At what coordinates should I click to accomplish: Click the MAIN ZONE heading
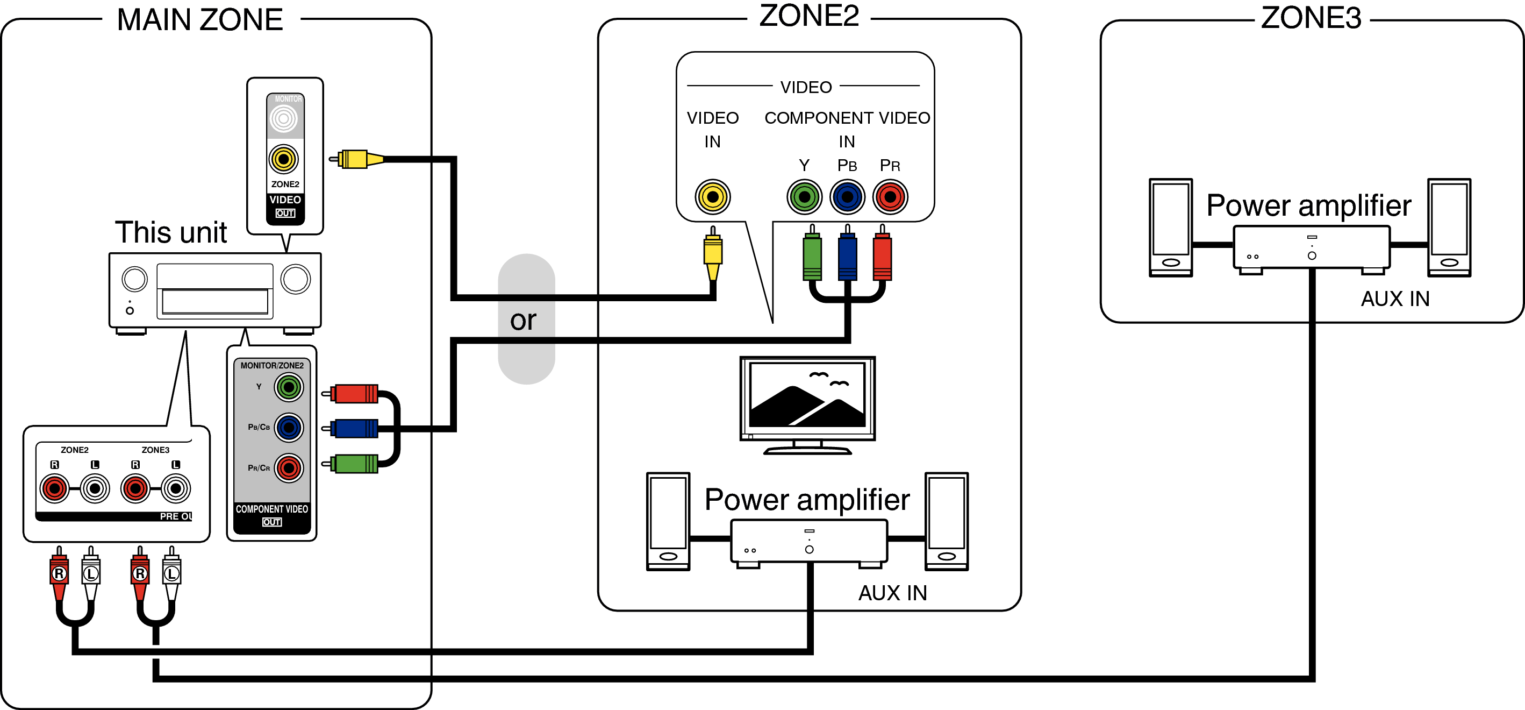pos(200,20)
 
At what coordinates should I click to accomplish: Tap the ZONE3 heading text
pos(1311,18)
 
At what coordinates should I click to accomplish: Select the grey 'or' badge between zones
pos(526,319)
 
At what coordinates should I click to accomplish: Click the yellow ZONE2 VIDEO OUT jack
pos(284,159)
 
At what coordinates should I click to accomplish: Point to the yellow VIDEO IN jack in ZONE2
pos(712,197)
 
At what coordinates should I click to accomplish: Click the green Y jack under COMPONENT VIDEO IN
pos(804,197)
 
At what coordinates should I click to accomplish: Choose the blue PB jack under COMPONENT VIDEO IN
pos(847,197)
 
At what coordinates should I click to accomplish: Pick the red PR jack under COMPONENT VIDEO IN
pos(890,197)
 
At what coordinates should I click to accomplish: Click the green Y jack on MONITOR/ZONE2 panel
pos(289,387)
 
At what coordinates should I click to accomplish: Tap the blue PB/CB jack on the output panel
pos(289,428)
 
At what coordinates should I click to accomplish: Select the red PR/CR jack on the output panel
pos(289,468)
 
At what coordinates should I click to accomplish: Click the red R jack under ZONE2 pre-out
pos(54,488)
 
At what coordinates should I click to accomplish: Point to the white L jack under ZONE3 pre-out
pos(176,488)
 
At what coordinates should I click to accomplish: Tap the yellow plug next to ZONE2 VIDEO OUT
pos(355,159)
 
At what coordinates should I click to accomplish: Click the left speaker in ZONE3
pos(1170,228)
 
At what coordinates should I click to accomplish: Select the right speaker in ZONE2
pos(947,521)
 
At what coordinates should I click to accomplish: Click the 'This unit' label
pos(170,232)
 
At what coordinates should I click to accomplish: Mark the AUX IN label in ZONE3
pos(1395,299)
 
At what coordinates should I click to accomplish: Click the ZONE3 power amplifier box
pos(1311,247)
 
